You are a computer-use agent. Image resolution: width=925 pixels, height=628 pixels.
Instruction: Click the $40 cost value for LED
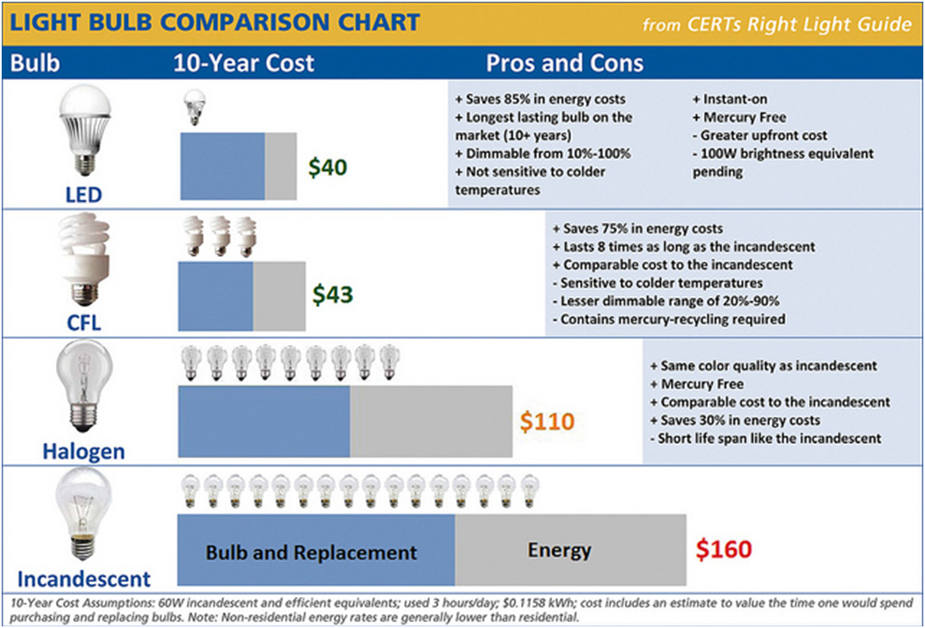tap(328, 168)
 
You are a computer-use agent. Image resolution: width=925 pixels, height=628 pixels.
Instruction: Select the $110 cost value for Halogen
tap(547, 422)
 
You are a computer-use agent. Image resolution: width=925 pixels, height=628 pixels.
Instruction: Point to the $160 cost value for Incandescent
tap(723, 549)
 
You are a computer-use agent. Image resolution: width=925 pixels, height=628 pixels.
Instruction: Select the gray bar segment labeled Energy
tap(570, 551)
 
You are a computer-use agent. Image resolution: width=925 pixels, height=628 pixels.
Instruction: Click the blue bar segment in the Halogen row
tap(264, 422)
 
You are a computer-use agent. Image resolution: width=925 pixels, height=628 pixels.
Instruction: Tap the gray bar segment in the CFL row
tap(279, 295)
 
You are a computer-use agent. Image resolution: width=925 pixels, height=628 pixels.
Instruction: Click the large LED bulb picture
tap(84, 131)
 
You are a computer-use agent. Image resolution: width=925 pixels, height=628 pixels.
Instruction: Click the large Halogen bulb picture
tap(84, 387)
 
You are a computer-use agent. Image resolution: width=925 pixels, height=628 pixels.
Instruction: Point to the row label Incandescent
tap(84, 580)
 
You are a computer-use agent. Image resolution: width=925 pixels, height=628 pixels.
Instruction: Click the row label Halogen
tap(84, 451)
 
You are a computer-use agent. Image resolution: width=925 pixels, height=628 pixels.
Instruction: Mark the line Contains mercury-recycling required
tap(669, 319)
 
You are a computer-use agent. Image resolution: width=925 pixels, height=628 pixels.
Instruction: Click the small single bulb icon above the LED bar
tap(194, 107)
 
